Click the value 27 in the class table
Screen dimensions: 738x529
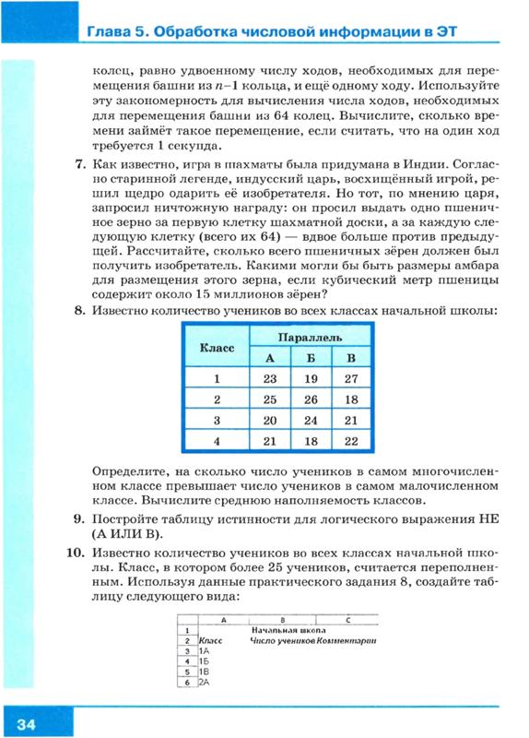tap(347, 378)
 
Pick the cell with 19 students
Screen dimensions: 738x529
tap(309, 378)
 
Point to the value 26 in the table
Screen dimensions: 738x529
tap(309, 399)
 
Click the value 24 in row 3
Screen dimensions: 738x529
tap(309, 421)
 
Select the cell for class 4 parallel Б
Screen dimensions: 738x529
tap(309, 442)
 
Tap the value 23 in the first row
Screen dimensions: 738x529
tap(270, 378)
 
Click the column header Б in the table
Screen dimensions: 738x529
tap(309, 358)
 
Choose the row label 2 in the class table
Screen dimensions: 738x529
tap(217, 399)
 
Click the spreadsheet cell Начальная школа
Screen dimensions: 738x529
tap(283, 629)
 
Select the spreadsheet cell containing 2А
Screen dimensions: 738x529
tap(206, 682)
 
